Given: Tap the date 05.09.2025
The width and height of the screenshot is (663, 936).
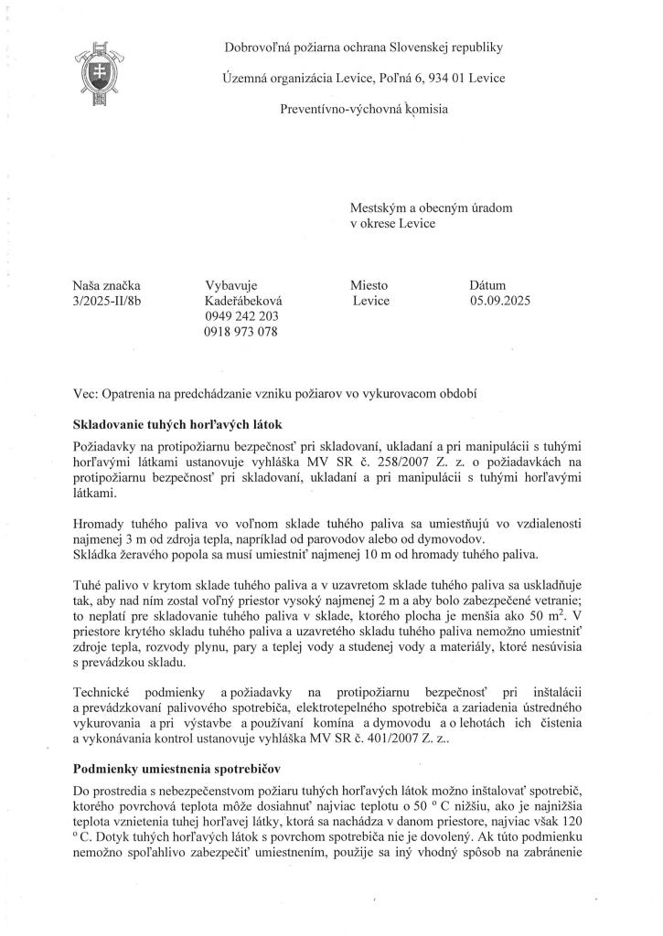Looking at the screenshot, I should click(500, 301).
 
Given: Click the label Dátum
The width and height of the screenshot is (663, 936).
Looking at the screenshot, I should click(487, 285).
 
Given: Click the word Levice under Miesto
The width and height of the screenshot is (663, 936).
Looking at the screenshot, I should click(371, 301).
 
